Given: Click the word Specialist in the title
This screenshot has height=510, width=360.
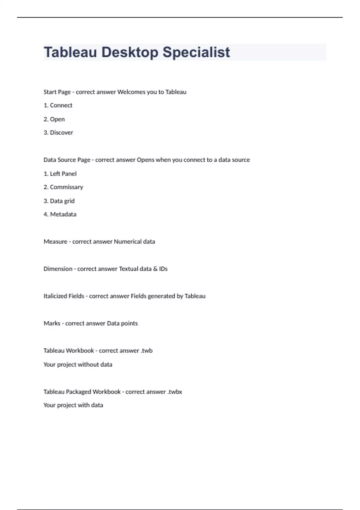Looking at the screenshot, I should [x=196, y=52].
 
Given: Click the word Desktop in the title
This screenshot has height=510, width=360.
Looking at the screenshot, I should [x=130, y=52].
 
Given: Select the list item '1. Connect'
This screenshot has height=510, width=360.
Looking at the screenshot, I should [x=58, y=105].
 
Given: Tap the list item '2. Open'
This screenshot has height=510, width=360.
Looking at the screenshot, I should [x=54, y=119].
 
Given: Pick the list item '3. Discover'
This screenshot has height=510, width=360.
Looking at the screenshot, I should [x=58, y=133].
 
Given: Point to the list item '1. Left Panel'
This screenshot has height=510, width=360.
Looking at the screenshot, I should [x=60, y=174].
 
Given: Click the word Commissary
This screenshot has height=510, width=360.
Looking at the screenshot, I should [x=66, y=187].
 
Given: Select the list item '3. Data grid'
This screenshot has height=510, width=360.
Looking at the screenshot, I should [x=59, y=201].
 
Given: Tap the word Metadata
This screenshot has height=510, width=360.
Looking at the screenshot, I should [x=63, y=214].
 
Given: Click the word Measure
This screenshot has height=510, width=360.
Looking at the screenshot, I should [x=55, y=241].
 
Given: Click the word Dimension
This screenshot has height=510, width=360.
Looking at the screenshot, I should [x=58, y=269].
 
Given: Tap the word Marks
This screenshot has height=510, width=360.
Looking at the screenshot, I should [x=52, y=323].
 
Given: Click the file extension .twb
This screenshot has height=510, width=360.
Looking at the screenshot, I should [x=147, y=351].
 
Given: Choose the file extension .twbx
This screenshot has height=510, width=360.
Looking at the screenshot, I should [x=175, y=392].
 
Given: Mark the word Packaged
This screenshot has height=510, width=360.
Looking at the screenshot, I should [x=78, y=392].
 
